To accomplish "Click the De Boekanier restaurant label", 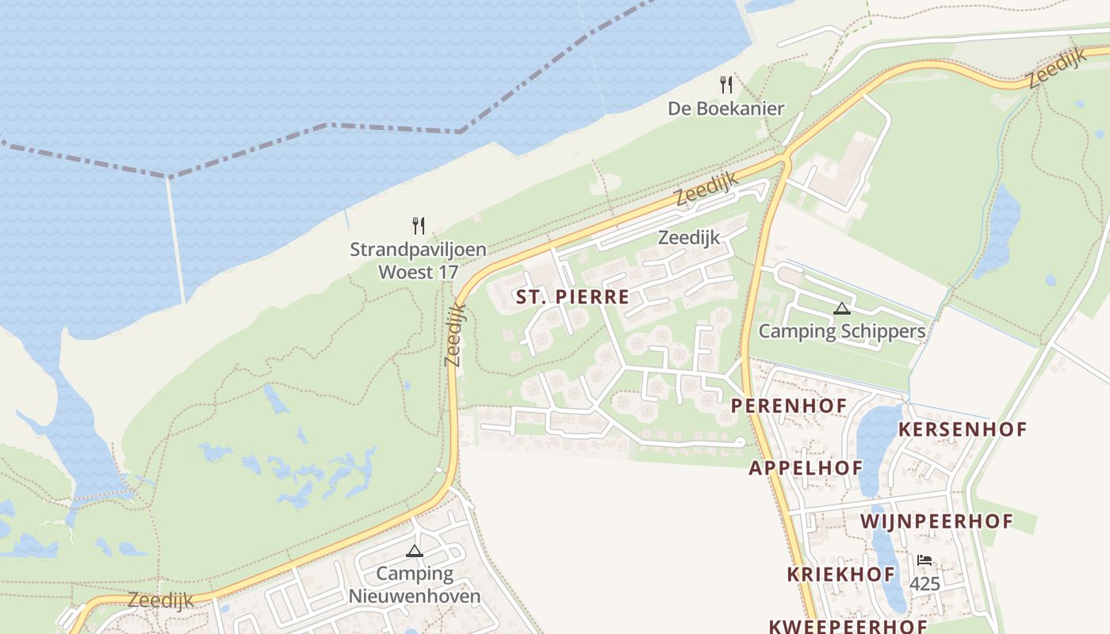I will click(x=725, y=109).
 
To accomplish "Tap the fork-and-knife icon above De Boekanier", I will click(x=725, y=84).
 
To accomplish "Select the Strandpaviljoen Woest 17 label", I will click(x=418, y=261).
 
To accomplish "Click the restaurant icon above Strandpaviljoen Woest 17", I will click(x=419, y=226).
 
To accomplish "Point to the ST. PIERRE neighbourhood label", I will click(x=572, y=297).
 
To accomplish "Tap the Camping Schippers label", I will click(x=841, y=331).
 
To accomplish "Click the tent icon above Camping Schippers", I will click(x=841, y=308).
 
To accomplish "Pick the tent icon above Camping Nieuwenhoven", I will click(x=415, y=551).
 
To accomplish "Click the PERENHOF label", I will click(x=789, y=406).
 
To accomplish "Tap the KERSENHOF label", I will click(x=962, y=430).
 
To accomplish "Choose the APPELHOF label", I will click(x=806, y=468).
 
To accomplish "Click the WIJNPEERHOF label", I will click(x=936, y=521).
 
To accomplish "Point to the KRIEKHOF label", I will click(x=840, y=575).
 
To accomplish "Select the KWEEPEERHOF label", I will click(x=848, y=626).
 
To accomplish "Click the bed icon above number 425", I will click(x=924, y=560).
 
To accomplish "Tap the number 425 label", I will click(x=924, y=584).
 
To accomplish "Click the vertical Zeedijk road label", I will click(x=454, y=335).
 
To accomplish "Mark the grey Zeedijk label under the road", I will click(x=689, y=237).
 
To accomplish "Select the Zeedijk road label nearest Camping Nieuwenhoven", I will click(x=160, y=600).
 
